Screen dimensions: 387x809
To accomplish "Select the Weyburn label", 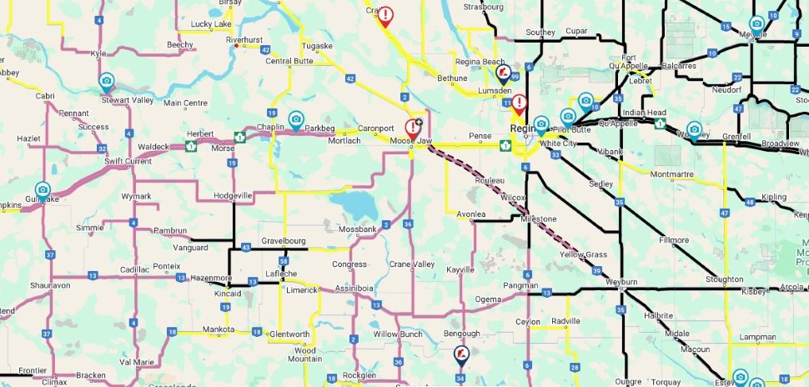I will [x=620, y=283].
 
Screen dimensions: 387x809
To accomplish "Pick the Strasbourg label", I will [x=484, y=7].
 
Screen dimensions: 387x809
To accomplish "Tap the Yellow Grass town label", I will [x=583, y=254].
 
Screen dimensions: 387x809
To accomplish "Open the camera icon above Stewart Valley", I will [x=106, y=81].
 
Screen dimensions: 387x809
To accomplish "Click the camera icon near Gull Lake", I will [x=43, y=190].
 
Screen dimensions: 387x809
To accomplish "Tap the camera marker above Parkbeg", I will [x=295, y=118].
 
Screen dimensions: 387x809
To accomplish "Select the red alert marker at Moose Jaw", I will [x=412, y=128].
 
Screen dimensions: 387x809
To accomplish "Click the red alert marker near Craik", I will [x=385, y=15].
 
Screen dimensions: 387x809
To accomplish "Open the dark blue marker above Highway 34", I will [x=460, y=355].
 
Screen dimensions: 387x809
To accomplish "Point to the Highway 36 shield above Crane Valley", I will [x=408, y=224].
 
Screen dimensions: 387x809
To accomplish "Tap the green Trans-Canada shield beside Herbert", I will [x=239, y=136].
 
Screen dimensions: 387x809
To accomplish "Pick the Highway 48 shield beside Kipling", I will [x=751, y=202].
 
